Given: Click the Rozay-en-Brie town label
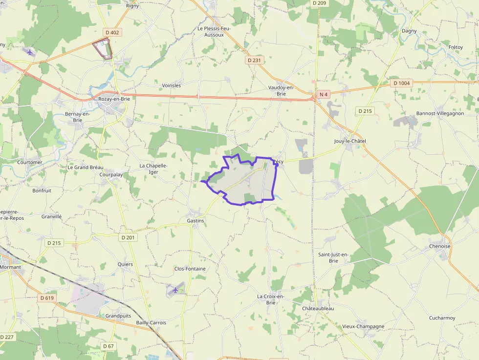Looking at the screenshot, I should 114,99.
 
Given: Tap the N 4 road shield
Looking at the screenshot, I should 323,94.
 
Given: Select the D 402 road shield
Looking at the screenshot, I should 112,33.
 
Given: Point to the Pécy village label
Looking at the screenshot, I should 279,162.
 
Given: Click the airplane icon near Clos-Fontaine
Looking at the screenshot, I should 175,291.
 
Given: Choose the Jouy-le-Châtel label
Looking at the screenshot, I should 350,141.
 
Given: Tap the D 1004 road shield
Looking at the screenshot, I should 402,83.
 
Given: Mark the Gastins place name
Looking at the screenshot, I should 195,221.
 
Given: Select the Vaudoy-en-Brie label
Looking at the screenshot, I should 281,90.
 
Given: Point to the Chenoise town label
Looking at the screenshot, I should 439,246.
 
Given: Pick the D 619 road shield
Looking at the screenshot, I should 47,298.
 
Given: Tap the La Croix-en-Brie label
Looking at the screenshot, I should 271,299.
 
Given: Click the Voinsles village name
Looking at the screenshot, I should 171,85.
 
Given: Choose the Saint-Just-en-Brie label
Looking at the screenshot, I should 333,257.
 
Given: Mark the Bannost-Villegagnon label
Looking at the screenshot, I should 440,113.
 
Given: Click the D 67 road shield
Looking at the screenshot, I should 109,346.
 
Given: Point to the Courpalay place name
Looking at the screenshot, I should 111,174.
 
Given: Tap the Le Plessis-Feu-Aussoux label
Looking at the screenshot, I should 214,32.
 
